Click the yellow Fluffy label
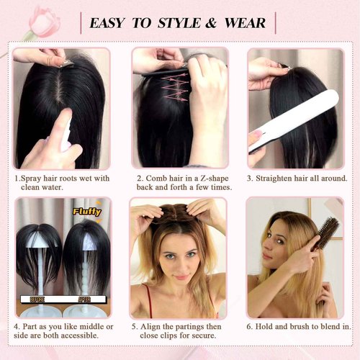(86, 212)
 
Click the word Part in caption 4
(33, 326)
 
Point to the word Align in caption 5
(152, 326)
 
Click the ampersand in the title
(211, 23)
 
